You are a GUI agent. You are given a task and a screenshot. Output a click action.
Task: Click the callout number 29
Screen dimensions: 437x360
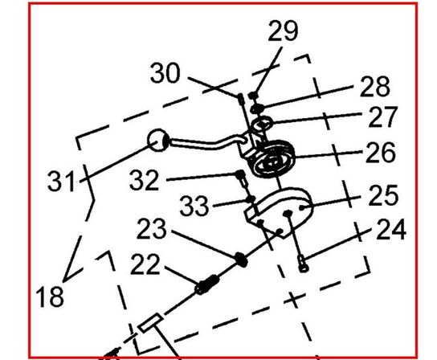[x=283, y=31]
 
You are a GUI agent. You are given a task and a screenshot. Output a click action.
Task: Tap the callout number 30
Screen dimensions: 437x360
[x=165, y=72]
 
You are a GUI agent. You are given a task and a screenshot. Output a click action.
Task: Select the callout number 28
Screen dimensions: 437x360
[x=375, y=87]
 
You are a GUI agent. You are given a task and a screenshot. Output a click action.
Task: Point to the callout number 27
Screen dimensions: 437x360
[x=382, y=117]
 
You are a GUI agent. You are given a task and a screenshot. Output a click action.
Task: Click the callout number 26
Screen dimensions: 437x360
[x=381, y=152]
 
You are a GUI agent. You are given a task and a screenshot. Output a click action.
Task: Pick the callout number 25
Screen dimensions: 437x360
[x=383, y=195]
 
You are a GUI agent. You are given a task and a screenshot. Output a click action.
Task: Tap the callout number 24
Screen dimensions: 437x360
[x=391, y=229]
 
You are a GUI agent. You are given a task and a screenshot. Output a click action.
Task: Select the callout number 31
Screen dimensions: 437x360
[x=61, y=181]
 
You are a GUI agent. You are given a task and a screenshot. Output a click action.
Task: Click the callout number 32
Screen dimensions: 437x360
[x=145, y=180]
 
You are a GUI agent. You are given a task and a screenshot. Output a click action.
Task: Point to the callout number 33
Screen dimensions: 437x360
[x=194, y=206]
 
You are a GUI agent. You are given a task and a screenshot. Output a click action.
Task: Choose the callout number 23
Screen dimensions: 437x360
[x=152, y=229]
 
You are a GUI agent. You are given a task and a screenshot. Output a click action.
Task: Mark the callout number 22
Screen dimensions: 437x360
[x=145, y=264]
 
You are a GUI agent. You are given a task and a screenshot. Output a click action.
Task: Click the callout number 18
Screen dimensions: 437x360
[x=50, y=297]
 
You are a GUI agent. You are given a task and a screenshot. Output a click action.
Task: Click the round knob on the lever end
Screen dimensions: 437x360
[x=157, y=141]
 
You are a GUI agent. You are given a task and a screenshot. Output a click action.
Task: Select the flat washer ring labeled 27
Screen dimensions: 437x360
[x=262, y=123]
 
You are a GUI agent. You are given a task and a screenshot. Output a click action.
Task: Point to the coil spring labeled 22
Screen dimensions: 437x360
[x=206, y=284]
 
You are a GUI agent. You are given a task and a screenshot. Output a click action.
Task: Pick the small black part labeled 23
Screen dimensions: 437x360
[x=241, y=260]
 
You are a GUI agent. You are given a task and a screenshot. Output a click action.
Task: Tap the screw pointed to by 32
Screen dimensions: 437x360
[x=241, y=178]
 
